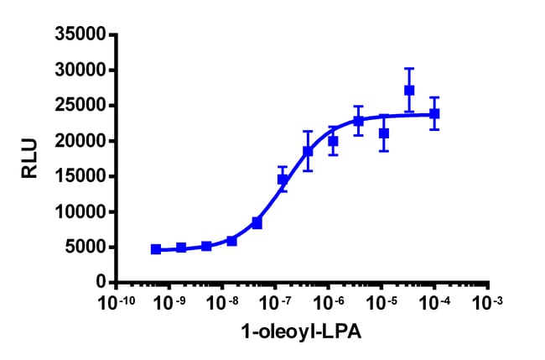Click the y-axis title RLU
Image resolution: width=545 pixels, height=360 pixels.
(29, 159)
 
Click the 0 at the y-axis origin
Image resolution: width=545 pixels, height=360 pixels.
(100, 282)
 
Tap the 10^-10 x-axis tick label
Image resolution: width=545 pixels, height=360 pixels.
(117, 303)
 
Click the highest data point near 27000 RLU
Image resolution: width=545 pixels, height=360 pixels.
(409, 90)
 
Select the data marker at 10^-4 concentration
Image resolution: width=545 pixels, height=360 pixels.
(434, 113)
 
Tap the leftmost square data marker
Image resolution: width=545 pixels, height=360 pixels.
(156, 249)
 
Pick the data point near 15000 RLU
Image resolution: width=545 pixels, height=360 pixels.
(283, 180)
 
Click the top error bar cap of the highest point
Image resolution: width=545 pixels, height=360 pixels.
(409, 69)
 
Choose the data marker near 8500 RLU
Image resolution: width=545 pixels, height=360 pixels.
(257, 223)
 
